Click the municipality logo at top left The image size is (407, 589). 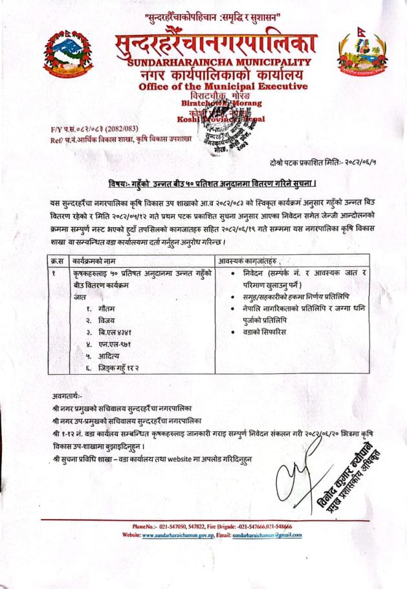tap(67, 56)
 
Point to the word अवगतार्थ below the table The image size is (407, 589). tap(69, 394)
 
